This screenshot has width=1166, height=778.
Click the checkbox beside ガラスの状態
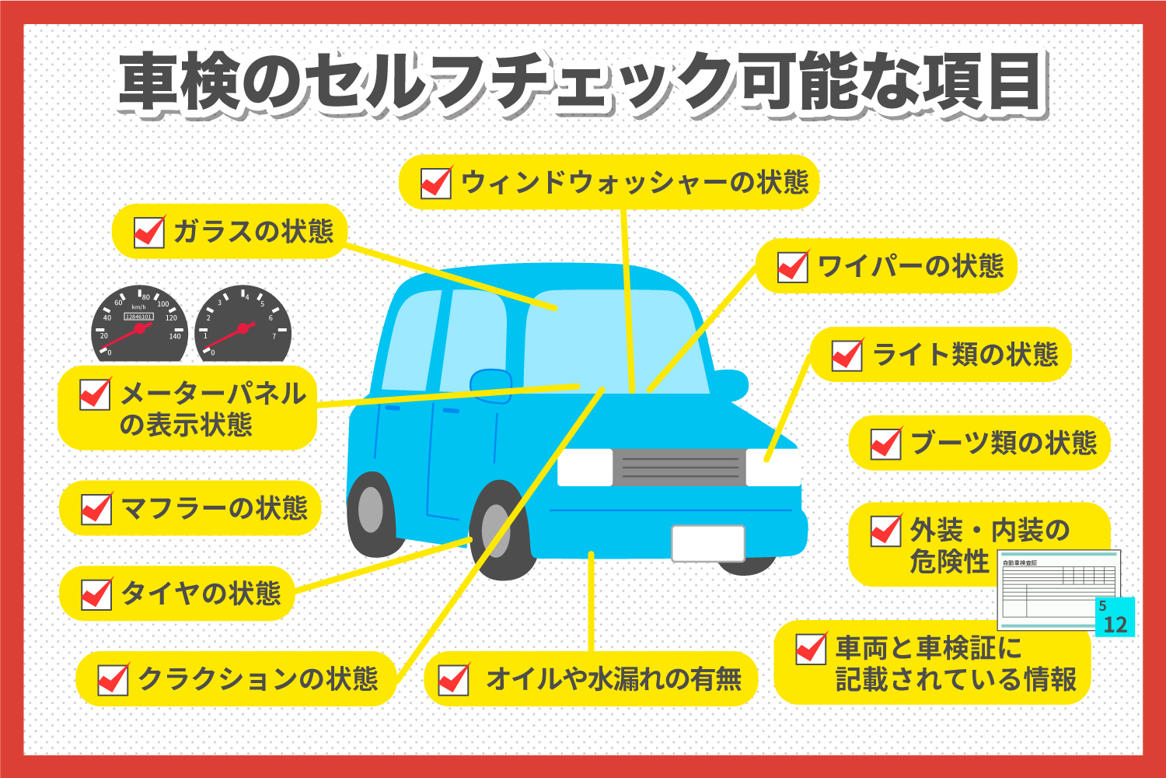[x=149, y=232]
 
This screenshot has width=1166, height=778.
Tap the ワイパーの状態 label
[x=910, y=267]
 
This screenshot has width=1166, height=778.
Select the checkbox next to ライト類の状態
[x=847, y=356]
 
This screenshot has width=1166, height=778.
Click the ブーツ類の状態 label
[x=1003, y=443]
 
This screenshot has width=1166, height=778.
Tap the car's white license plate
[x=707, y=543]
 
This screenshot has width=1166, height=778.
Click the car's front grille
[x=679, y=467]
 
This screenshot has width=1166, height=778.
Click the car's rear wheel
[x=372, y=510]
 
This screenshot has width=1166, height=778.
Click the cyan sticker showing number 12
[x=1115, y=618]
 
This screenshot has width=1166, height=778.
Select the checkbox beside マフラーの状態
[x=96, y=509]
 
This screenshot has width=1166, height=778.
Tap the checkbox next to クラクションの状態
[x=113, y=679]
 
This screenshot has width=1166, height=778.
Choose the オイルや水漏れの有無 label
[x=613, y=679]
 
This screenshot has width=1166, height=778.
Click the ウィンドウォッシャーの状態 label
[x=634, y=183]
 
